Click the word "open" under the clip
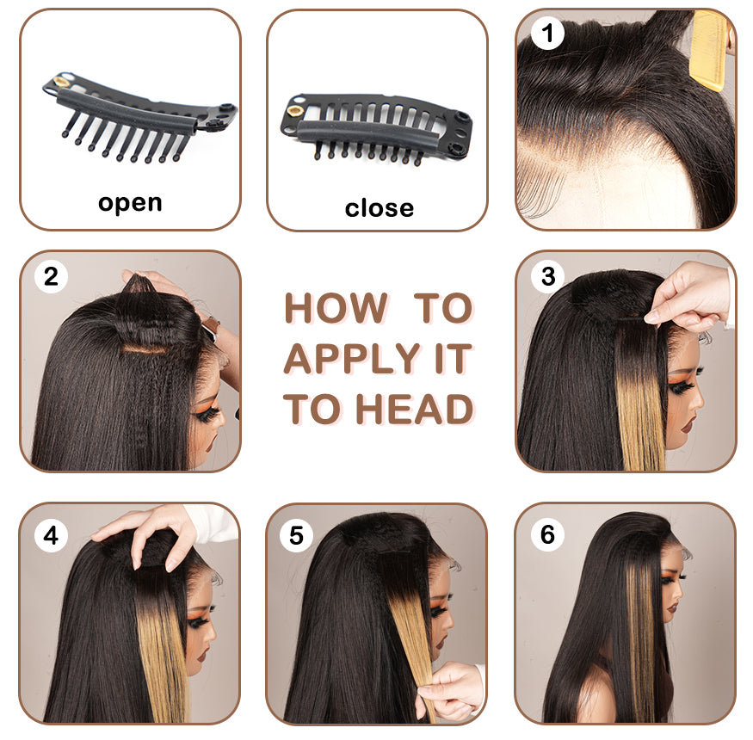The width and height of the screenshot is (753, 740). coord(130,204)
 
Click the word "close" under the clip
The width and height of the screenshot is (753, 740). coord(379,208)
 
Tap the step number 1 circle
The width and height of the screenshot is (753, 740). coord(547,33)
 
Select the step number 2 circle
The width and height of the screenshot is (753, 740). coord(51,276)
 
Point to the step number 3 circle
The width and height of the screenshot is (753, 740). coord(548,276)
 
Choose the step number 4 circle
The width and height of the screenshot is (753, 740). coord(51,535)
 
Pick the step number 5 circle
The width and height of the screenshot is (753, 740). coord(296,535)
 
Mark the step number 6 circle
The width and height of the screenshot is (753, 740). coord(547,534)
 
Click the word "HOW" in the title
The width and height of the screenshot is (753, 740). coord(336,308)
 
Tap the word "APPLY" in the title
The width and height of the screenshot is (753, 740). coord(352,358)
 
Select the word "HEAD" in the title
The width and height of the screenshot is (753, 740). coord(415,409)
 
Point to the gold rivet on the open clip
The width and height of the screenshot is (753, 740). coord(61,81)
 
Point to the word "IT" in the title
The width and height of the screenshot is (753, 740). coord(453,358)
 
